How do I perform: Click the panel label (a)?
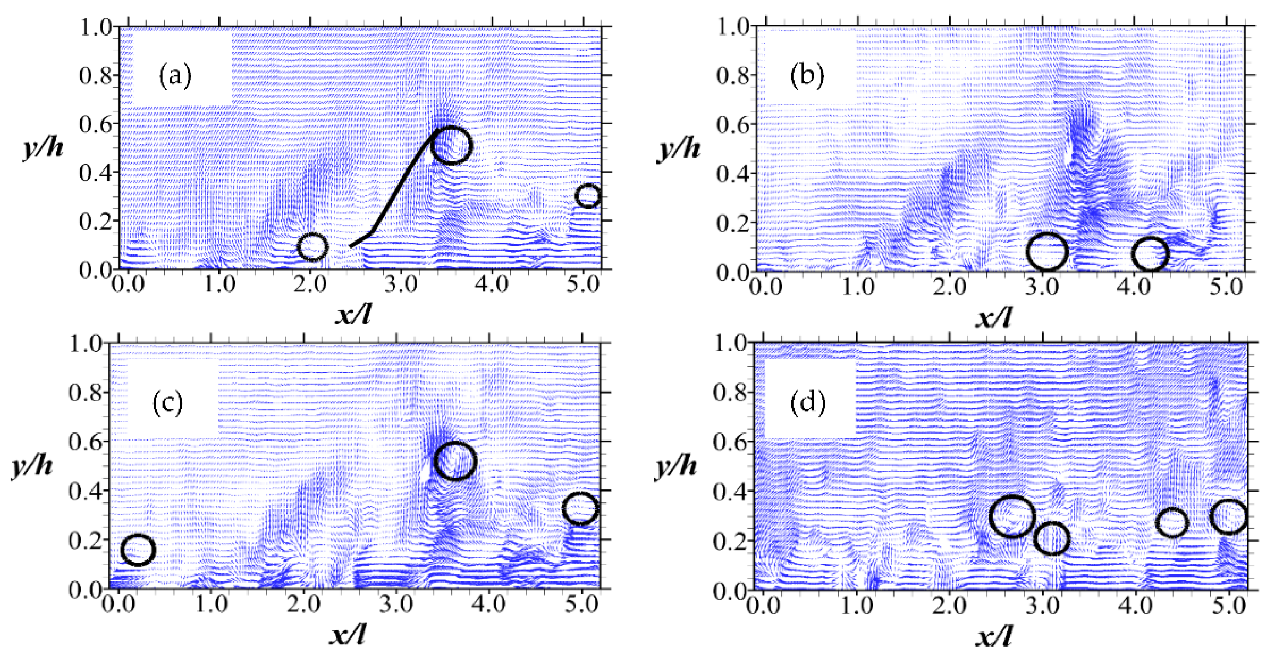175,77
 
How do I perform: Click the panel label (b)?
807,77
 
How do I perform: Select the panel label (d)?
807,404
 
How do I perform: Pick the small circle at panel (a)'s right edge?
588,196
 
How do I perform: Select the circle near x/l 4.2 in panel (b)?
1150,254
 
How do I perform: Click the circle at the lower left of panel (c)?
138,550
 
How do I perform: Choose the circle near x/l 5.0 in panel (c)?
581,508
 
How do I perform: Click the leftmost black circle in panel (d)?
1012,516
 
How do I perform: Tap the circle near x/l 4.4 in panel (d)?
1171,523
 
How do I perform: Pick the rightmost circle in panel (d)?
1229,516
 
